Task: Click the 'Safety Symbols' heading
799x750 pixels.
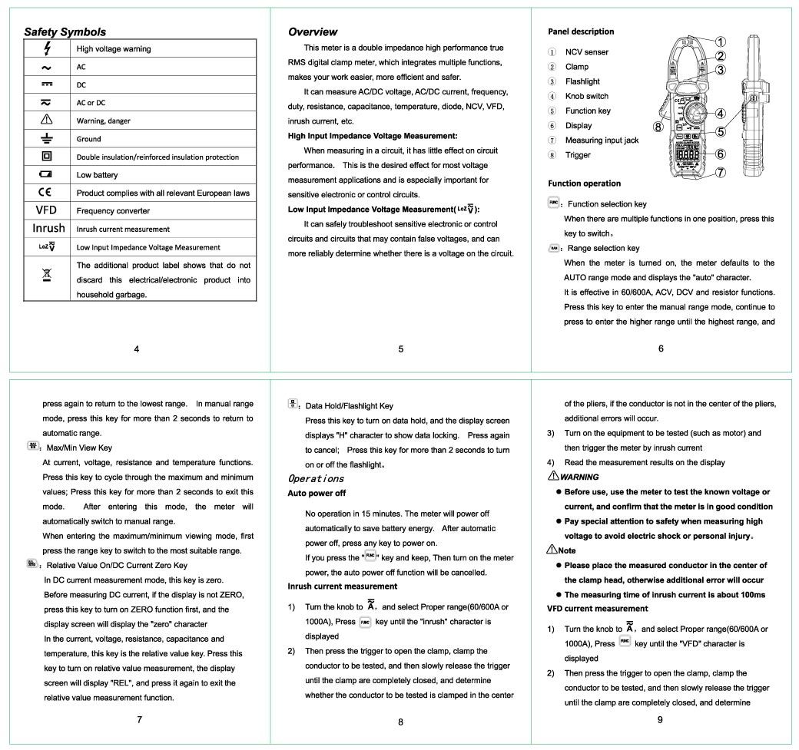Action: point(65,32)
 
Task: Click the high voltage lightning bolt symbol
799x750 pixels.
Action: point(48,49)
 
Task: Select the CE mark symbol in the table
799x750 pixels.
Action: point(48,193)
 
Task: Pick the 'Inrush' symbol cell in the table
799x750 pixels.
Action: point(48,229)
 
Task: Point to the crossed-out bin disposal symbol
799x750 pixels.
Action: point(48,274)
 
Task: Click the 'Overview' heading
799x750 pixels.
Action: point(312,32)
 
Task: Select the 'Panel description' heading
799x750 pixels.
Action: point(581,31)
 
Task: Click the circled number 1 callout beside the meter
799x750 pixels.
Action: point(721,41)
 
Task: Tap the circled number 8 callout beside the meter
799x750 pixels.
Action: point(658,126)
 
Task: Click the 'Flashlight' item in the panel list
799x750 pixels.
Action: point(582,81)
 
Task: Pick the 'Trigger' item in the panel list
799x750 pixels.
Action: point(578,155)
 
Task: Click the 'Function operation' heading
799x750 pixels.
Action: point(584,183)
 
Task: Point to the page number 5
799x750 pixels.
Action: point(401,349)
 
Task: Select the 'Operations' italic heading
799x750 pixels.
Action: point(315,478)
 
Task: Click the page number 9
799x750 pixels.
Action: point(661,719)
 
